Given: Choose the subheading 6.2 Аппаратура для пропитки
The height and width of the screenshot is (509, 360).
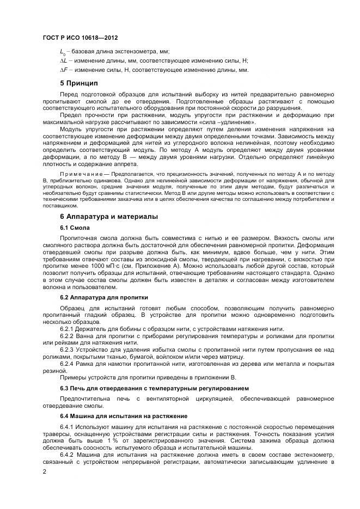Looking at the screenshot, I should (103, 297).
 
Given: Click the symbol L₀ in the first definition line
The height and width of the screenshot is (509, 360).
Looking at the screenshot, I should (62, 51).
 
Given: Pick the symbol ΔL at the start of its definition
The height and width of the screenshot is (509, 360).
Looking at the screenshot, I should (63, 60).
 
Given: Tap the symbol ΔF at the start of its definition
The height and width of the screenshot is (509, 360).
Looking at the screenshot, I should (63, 70).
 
